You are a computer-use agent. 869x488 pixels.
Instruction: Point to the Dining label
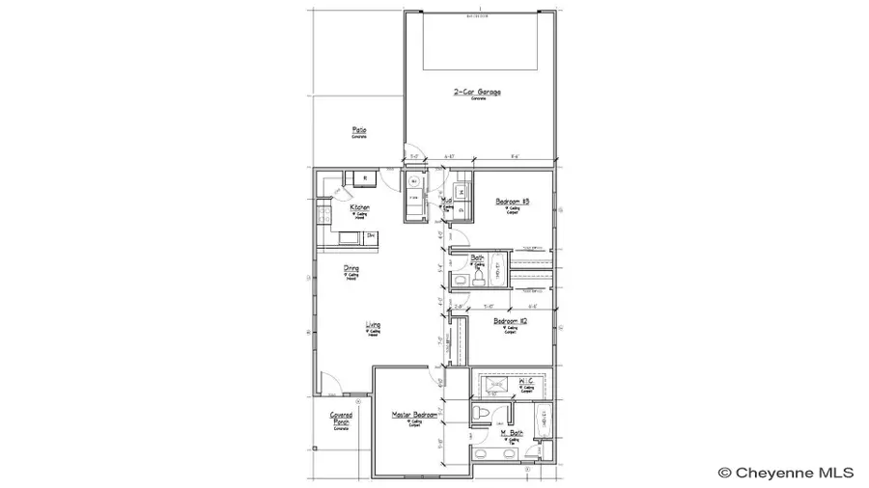(351, 269)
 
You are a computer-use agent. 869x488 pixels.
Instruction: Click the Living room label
(373, 325)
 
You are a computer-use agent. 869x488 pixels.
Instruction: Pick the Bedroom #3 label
(509, 202)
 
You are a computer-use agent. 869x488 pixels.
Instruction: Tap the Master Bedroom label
(413, 415)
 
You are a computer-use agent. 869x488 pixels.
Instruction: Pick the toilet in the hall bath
(461, 279)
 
